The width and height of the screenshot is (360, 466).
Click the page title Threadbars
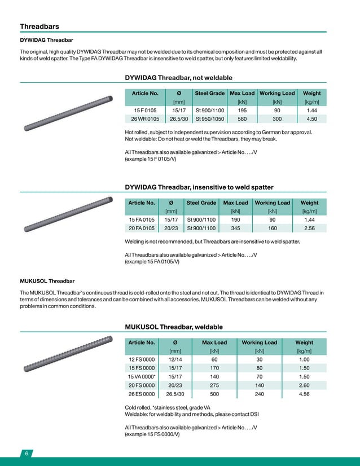point(39,27)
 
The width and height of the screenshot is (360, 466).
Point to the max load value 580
point(242,119)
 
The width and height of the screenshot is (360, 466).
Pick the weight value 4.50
point(311,119)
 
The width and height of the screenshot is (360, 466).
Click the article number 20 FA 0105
point(142,228)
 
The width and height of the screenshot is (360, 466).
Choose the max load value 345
point(235,228)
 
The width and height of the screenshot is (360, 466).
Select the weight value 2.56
point(309,228)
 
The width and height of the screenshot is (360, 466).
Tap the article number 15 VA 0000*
point(142,376)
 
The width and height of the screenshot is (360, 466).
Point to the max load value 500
point(214,394)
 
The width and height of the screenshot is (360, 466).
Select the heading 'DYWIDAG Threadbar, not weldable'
point(178,77)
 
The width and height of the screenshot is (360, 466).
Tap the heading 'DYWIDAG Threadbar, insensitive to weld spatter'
point(199,187)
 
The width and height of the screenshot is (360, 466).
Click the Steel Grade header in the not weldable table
point(210,93)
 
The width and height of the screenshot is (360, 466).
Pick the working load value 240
point(260,394)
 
